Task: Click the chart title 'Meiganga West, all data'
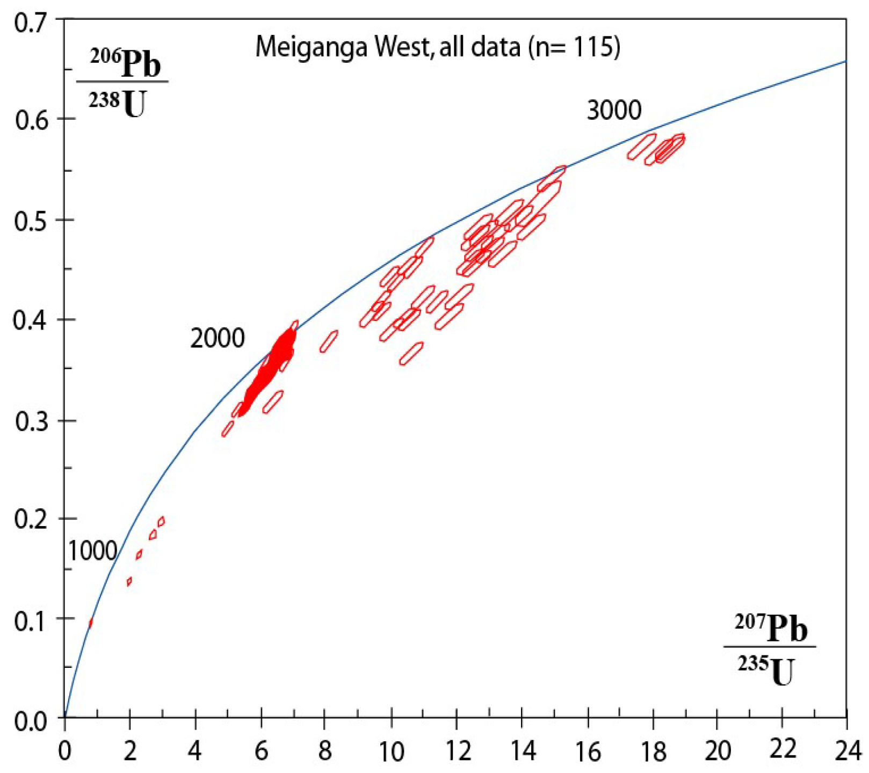(x=387, y=47)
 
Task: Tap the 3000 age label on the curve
(x=614, y=111)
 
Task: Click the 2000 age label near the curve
(x=217, y=338)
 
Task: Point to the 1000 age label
(x=92, y=551)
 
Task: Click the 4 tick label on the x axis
(x=195, y=750)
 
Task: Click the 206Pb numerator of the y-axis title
(x=125, y=63)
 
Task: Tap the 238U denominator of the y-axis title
(x=118, y=104)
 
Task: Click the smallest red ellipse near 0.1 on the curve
(x=90, y=623)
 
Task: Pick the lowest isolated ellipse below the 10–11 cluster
(x=411, y=353)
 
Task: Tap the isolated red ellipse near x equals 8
(x=329, y=341)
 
